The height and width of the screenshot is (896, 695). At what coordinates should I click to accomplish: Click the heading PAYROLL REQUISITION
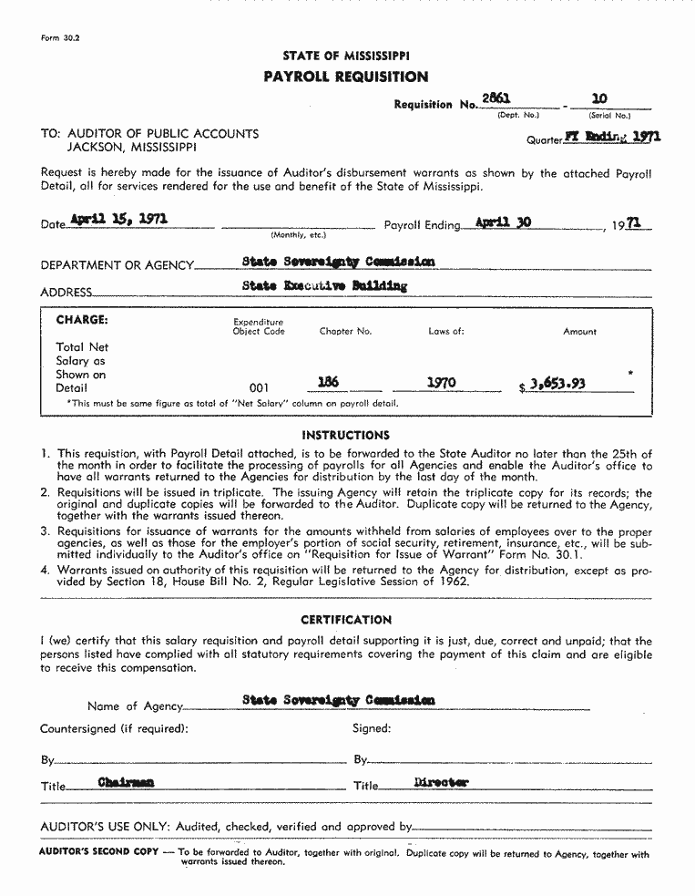click(x=346, y=77)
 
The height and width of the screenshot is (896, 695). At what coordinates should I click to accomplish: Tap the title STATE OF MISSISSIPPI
click(x=345, y=57)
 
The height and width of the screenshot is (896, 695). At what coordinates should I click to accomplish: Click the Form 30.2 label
click(x=60, y=38)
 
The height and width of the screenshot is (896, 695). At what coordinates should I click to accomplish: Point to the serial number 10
click(x=598, y=98)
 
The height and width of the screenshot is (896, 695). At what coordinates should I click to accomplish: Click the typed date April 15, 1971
click(x=118, y=220)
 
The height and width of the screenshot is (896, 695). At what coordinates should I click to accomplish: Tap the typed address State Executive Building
click(x=325, y=285)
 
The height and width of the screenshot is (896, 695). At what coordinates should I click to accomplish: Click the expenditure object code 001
click(x=260, y=387)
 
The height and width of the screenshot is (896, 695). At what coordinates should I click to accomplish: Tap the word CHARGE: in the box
click(x=82, y=321)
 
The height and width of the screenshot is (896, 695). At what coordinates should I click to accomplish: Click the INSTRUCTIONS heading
click(x=345, y=436)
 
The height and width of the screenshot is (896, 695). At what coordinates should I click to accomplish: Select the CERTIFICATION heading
click(x=346, y=620)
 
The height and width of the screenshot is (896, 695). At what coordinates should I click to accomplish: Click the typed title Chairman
click(x=126, y=782)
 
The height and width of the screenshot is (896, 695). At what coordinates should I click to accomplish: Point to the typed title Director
click(x=441, y=782)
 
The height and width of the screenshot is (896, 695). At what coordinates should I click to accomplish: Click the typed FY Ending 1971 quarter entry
click(x=612, y=138)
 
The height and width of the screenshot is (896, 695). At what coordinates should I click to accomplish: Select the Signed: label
click(x=372, y=728)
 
